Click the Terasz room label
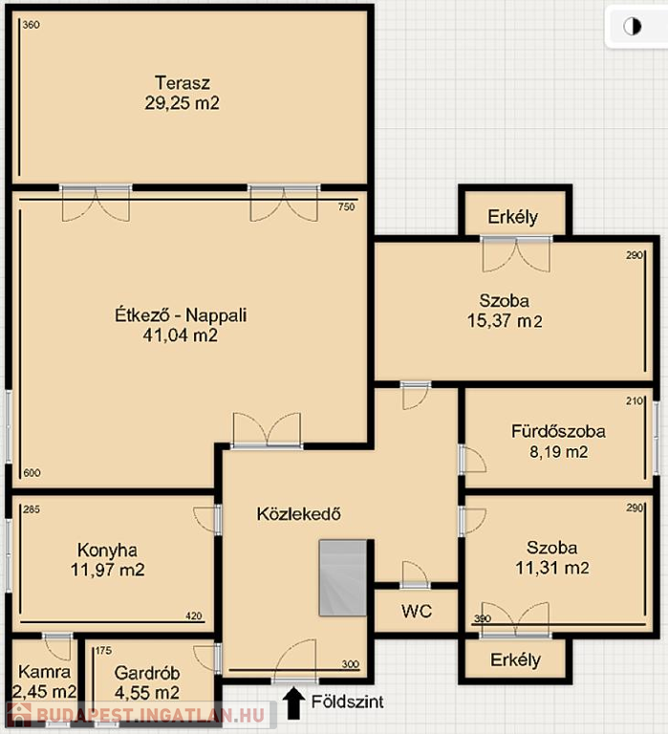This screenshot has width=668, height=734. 183,83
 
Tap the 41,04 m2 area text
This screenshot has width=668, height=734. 181,335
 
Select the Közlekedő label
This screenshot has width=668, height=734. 299,514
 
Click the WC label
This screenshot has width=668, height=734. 417,611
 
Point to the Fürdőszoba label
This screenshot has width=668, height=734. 558,431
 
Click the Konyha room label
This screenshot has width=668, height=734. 107,550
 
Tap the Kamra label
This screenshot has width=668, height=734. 45,672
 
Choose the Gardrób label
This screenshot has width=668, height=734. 147,673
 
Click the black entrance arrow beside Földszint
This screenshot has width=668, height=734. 293,702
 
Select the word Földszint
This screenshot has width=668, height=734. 347,702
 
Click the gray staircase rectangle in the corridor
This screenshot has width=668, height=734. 343,577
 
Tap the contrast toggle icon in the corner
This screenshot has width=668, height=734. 632,27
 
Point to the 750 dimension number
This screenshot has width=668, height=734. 346,206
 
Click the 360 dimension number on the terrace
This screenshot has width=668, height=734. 31,25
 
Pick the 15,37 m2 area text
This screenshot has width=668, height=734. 505,321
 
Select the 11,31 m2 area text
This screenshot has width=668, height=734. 552,568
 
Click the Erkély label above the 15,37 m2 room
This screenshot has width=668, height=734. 512,217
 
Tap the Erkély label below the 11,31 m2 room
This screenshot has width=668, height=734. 515,659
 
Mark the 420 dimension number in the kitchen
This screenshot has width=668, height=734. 193,616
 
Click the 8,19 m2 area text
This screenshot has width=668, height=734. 558,452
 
